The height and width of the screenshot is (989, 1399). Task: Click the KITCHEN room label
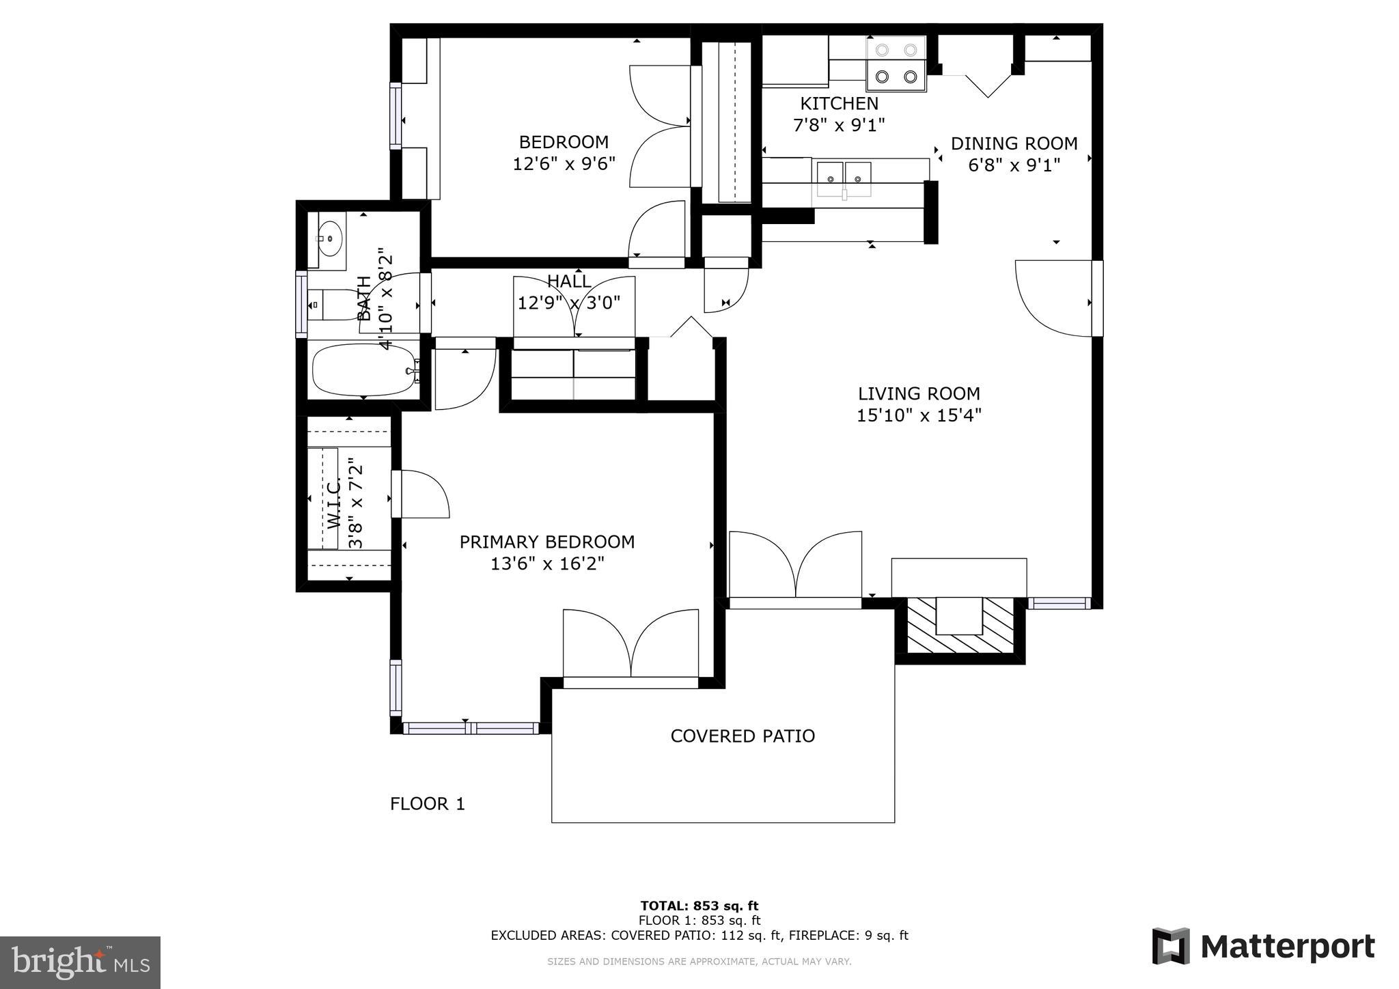click(x=839, y=104)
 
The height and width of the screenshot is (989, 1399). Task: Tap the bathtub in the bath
click(x=363, y=370)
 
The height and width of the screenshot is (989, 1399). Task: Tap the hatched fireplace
click(x=959, y=625)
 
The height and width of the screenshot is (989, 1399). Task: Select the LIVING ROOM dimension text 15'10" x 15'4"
click(x=919, y=415)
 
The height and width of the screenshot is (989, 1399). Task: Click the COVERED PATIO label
click(x=743, y=736)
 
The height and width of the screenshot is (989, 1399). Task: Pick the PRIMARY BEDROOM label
click(x=546, y=542)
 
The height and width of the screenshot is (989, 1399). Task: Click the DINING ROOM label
click(x=1014, y=143)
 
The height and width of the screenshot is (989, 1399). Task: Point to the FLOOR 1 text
click(x=427, y=804)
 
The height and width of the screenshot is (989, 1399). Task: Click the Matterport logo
click(x=1263, y=947)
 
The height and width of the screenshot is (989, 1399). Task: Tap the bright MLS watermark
click(x=80, y=962)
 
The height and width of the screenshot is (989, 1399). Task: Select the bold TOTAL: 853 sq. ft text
click(x=699, y=906)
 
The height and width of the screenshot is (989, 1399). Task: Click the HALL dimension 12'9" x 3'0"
click(x=568, y=303)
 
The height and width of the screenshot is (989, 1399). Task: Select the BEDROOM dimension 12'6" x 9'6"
click(x=564, y=164)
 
